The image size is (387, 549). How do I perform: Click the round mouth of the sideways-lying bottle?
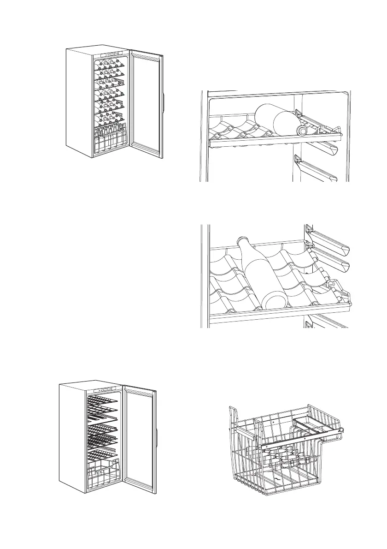click(x=302, y=131)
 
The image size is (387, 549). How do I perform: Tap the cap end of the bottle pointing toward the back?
click(x=243, y=241)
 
